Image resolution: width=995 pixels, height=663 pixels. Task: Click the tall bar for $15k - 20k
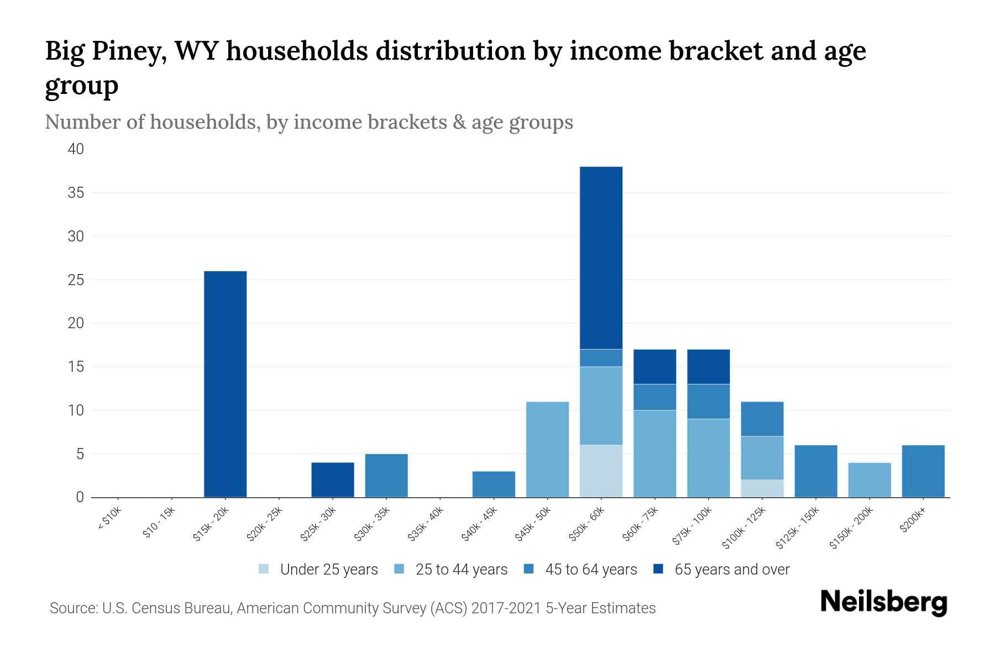pos(225,384)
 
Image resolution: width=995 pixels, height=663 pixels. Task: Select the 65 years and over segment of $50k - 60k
pos(601,257)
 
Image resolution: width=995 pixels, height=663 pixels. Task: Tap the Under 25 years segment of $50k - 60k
pos(601,471)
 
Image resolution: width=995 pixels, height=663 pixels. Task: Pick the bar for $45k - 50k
pos(547,449)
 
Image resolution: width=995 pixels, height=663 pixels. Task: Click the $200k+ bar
pos(923,471)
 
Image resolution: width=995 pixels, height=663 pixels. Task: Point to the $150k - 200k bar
pos(869,480)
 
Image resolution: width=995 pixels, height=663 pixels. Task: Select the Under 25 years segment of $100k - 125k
pos(762,488)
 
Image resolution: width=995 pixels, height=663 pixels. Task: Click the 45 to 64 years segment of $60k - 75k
pos(654,397)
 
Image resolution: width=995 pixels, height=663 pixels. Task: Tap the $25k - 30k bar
pos(332,480)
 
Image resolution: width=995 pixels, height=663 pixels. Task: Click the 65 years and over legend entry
pos(721,570)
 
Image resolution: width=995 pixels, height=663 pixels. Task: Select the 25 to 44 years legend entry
pos(451,570)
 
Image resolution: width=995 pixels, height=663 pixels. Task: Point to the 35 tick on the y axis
pos(76,193)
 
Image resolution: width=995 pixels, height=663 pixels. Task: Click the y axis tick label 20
pos(76,323)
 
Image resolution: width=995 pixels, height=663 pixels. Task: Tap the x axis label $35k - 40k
pos(426,527)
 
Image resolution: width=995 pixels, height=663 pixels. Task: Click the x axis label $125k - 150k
pos(797,530)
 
